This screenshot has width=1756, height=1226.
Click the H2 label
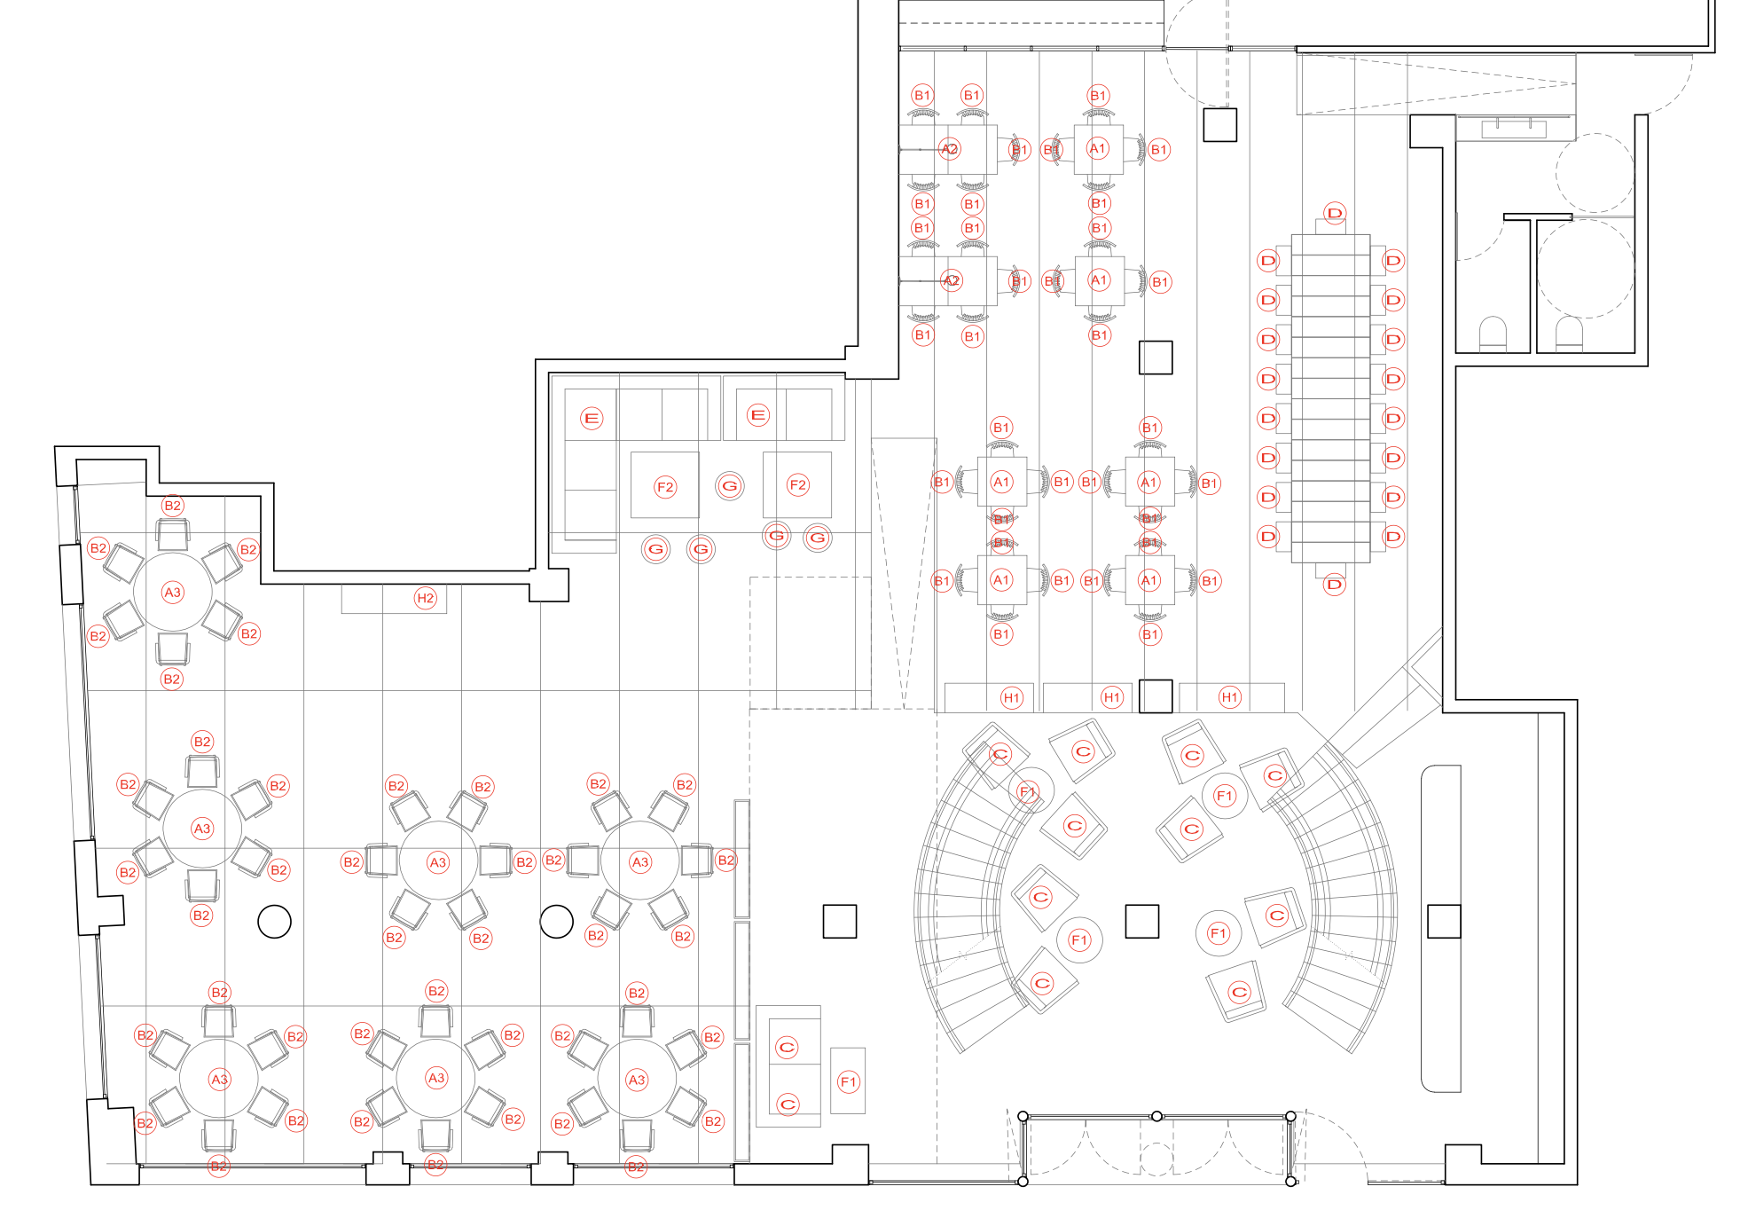click(426, 598)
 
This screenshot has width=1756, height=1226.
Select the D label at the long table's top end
click(1335, 213)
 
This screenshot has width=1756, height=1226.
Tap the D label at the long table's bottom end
click(1335, 585)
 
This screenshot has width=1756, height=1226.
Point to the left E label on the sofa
click(592, 418)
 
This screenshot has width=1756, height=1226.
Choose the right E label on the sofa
click(758, 414)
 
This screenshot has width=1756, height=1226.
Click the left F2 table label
click(665, 486)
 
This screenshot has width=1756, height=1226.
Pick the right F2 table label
click(797, 484)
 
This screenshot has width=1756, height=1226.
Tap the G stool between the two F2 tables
click(730, 486)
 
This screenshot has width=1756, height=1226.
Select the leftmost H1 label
click(1012, 697)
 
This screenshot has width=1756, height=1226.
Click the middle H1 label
click(1112, 697)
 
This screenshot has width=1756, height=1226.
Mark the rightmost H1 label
click(1229, 697)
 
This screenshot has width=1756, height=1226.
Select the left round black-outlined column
click(274, 922)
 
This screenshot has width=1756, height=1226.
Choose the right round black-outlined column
click(557, 922)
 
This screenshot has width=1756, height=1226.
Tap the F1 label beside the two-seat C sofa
click(849, 1081)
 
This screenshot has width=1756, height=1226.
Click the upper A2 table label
click(950, 149)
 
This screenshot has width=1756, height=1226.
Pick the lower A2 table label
click(952, 281)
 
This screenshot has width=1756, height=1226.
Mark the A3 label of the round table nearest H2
click(173, 592)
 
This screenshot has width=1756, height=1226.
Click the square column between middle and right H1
click(1156, 696)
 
